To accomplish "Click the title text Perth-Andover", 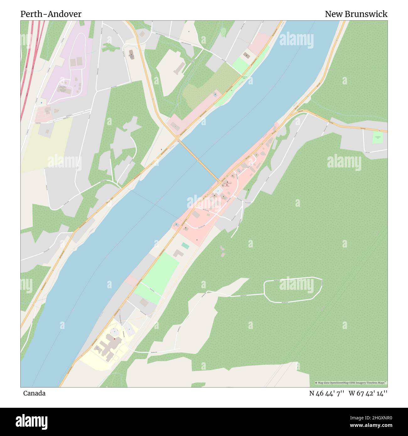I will tap(51, 14).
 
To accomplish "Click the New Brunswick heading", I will tap(356, 14).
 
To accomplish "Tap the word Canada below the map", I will tap(34, 393).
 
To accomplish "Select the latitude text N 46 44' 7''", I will tap(327, 393).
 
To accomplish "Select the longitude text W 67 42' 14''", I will tap(368, 393).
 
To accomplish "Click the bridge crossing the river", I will tap(199, 160).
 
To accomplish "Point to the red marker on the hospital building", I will tap(115, 339).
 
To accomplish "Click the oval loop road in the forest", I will tap(293, 290).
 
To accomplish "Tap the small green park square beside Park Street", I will tap(378, 138).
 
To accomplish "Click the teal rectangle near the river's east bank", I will tap(185, 246).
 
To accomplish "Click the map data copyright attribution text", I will tap(351, 383).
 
